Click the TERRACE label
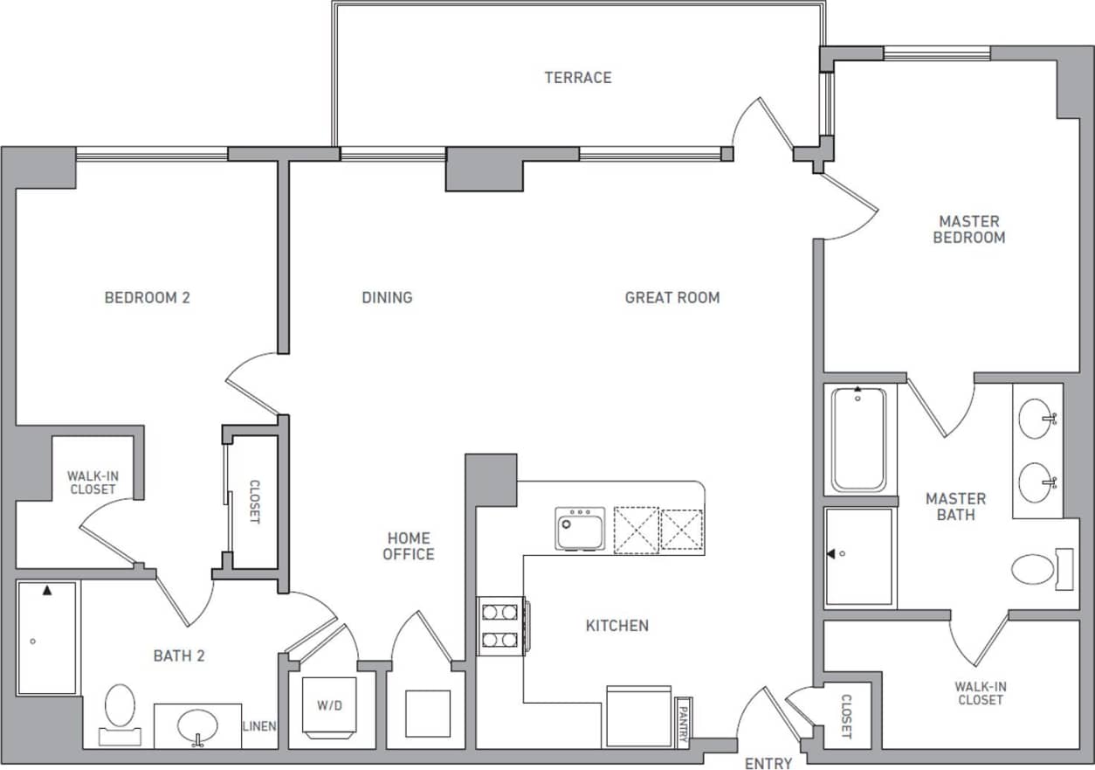(x=578, y=78)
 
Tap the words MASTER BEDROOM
(x=969, y=230)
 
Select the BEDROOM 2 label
(x=148, y=298)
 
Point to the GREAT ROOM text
(x=672, y=298)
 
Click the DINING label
(x=387, y=298)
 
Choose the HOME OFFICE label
(x=408, y=546)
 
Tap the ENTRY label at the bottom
(x=768, y=763)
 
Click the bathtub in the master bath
(x=858, y=439)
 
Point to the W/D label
(x=329, y=704)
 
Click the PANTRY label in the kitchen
(x=683, y=720)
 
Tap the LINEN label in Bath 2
(x=260, y=726)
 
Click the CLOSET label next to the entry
(x=845, y=717)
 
